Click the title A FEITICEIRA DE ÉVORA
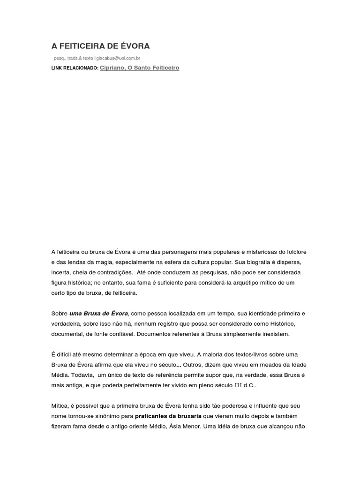(100, 46)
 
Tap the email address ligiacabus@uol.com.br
(117, 59)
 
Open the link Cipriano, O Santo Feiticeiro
(139, 68)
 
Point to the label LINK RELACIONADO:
(75, 68)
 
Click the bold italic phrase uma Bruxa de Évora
(98, 313)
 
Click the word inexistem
(275, 334)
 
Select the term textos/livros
(255, 354)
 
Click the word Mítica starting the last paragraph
(60, 406)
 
